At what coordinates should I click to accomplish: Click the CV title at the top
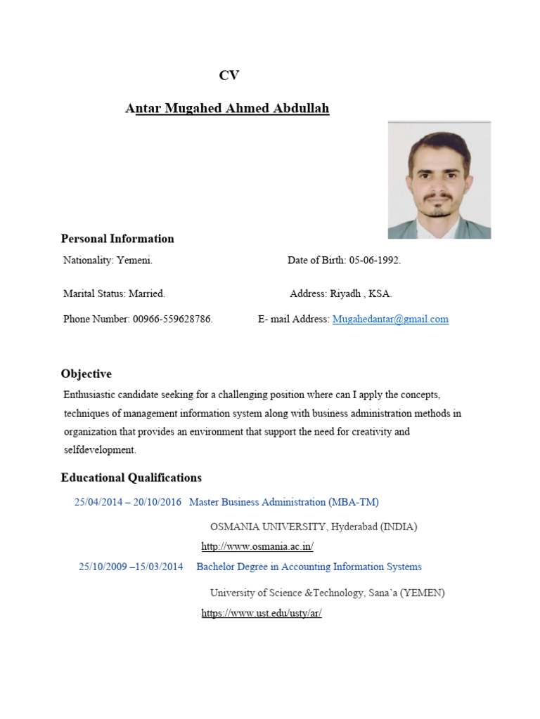point(229,76)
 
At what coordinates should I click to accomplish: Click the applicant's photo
point(439,180)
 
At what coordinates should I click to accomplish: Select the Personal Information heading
point(117,239)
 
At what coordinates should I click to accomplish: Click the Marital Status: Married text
point(114,293)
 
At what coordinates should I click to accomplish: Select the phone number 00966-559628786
point(172,319)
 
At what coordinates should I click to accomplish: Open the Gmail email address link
point(390,319)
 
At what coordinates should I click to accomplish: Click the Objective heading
point(86,374)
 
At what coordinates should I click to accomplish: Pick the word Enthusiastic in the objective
point(90,395)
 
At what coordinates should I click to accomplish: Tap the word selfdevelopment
point(99,450)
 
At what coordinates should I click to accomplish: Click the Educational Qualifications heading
point(131,478)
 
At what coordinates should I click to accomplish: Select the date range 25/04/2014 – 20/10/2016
point(128,502)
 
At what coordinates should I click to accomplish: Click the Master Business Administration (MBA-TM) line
point(284,502)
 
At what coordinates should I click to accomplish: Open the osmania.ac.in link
point(257,547)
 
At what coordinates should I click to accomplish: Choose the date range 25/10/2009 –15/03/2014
point(131,567)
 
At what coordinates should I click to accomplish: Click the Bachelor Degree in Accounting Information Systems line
point(309,567)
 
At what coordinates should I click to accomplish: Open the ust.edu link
point(262,613)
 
